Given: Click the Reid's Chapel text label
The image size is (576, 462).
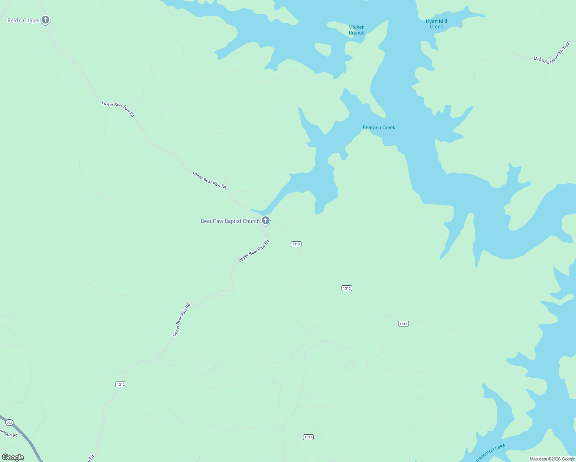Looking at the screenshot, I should tap(23, 20).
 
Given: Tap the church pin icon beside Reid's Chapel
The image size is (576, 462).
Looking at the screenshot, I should tap(45, 20).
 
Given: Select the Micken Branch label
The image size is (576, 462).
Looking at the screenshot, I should tap(356, 30).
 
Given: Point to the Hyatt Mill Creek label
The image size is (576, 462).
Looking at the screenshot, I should tap(436, 24).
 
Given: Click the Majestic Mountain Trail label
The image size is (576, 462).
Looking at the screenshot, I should tap(551, 54).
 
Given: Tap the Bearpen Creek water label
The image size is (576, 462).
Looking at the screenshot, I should tap(379, 127).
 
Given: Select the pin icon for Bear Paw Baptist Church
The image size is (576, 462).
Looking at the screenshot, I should tap(265, 221).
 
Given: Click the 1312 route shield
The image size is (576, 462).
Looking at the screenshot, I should tap(121, 384).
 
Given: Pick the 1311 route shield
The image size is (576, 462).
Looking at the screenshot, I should tap(308, 437).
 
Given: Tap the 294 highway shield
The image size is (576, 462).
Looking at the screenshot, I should tap(9, 422).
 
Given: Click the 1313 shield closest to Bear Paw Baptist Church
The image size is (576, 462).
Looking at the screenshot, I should tap(296, 244).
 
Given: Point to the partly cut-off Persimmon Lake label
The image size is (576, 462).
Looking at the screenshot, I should tap(489, 453).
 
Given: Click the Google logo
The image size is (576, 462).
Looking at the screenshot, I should tap(13, 457).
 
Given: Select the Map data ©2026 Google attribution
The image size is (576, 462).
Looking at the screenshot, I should tap(552, 459).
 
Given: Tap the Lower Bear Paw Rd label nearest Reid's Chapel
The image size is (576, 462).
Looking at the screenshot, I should tap(118, 109).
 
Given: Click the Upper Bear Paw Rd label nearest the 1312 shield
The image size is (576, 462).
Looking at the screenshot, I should tap(181, 320).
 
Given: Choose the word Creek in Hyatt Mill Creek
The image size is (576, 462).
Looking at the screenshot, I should tap(436, 27).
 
